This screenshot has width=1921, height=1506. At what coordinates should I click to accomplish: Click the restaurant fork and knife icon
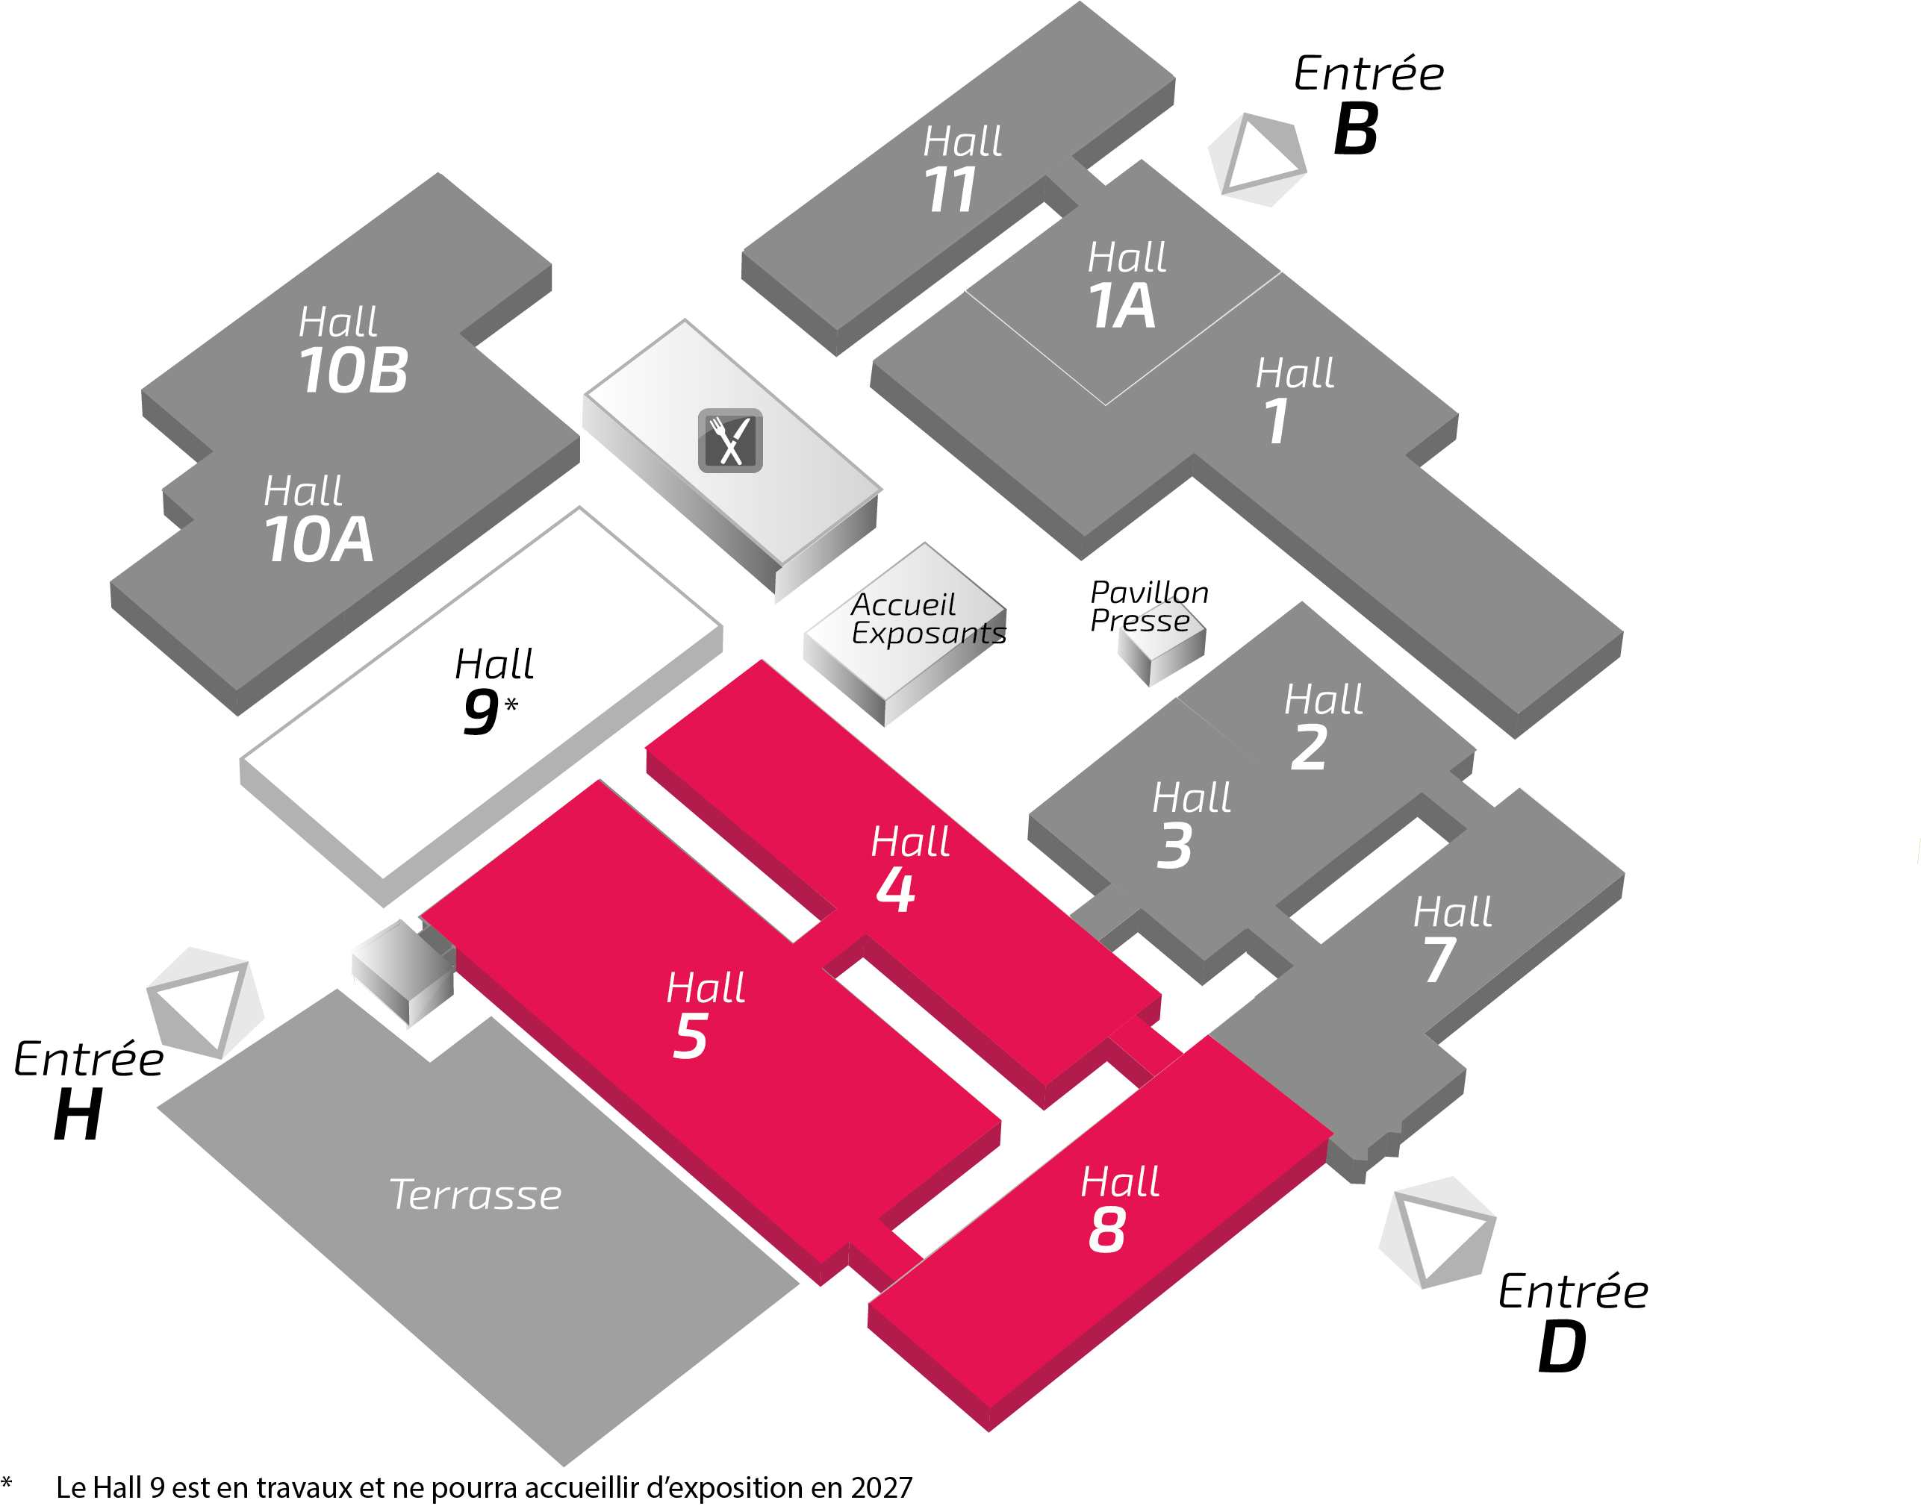click(x=729, y=440)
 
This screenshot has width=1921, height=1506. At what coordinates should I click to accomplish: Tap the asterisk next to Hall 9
click(x=511, y=704)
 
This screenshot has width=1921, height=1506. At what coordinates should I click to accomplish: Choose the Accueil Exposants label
click(x=926, y=619)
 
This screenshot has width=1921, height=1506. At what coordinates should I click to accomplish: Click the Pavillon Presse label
click(x=1148, y=606)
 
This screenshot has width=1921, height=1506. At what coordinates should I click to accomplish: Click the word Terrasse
click(x=475, y=1195)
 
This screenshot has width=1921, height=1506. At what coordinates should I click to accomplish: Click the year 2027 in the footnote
click(x=881, y=1487)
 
